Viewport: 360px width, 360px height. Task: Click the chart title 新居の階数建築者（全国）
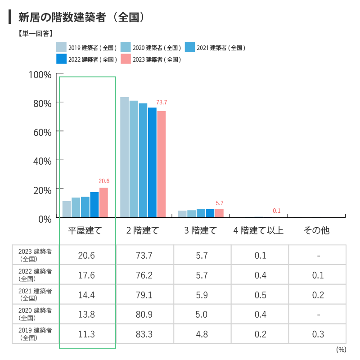click(x=81, y=18)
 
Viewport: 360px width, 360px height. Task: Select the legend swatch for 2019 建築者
click(x=61, y=47)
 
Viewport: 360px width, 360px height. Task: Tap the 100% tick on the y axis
click(x=40, y=74)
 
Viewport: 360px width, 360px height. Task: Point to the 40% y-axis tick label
click(x=42, y=161)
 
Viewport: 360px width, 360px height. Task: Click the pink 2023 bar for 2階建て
click(x=161, y=164)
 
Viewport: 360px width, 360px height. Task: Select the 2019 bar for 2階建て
click(x=125, y=157)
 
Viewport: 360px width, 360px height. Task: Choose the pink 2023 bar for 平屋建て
click(x=103, y=202)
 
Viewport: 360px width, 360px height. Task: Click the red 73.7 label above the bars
click(x=162, y=103)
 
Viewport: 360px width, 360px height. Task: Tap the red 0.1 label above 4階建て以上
click(x=277, y=211)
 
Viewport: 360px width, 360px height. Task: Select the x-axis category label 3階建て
click(x=201, y=231)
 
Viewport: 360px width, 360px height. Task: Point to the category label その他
click(x=317, y=231)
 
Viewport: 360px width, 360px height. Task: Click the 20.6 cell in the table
click(x=86, y=256)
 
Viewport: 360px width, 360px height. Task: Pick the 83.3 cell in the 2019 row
click(x=144, y=334)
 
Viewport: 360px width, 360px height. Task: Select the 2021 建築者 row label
click(x=36, y=295)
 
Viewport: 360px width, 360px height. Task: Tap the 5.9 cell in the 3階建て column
click(x=202, y=295)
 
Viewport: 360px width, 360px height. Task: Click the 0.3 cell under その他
click(x=318, y=334)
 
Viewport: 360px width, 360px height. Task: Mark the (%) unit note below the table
click(x=341, y=349)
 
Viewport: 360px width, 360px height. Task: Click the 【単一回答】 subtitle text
click(x=36, y=33)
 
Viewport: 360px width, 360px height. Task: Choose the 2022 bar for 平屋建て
click(x=94, y=205)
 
